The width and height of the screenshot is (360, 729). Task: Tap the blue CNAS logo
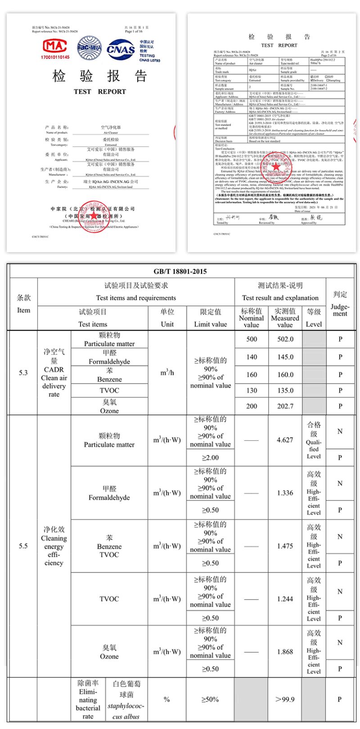pos(121,49)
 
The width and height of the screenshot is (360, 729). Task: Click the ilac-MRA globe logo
pos(90,48)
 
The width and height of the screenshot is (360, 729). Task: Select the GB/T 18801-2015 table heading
pos(180,271)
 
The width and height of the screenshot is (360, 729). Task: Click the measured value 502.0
pos(285,339)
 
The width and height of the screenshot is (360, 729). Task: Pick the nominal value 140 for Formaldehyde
pos(252,357)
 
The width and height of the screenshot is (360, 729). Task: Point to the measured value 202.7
pos(285,406)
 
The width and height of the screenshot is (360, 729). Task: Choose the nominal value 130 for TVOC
pos(252,390)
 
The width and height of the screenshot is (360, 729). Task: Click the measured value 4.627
pos(285,440)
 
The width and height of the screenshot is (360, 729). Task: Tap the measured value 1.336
pos(285,493)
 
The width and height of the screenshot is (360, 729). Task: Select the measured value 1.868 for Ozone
pos(285,652)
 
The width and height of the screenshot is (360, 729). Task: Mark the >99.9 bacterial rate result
pos(285,699)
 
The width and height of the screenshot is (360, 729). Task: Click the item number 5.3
pos(23,372)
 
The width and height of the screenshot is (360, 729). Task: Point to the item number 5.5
pos(23,546)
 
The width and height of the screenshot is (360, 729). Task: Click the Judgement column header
pos(340,304)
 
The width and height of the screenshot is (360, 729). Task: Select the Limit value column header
pos(210,318)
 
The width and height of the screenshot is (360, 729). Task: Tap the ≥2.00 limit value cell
pos(210,457)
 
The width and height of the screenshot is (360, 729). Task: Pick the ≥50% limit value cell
pos(210,699)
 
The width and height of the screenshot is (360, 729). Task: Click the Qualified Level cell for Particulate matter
pos(314,440)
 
